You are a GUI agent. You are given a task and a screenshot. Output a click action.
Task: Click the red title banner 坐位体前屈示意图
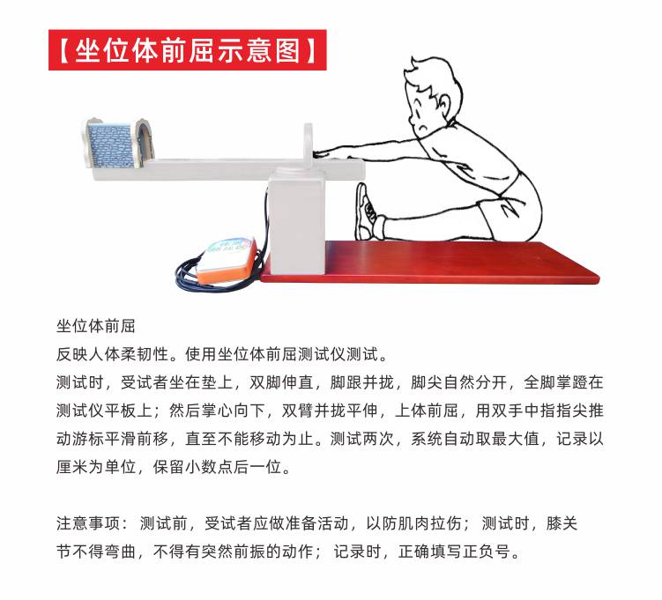[188, 50]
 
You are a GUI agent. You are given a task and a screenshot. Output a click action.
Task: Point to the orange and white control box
[226, 260]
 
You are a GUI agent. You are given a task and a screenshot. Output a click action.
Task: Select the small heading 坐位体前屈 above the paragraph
[96, 326]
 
